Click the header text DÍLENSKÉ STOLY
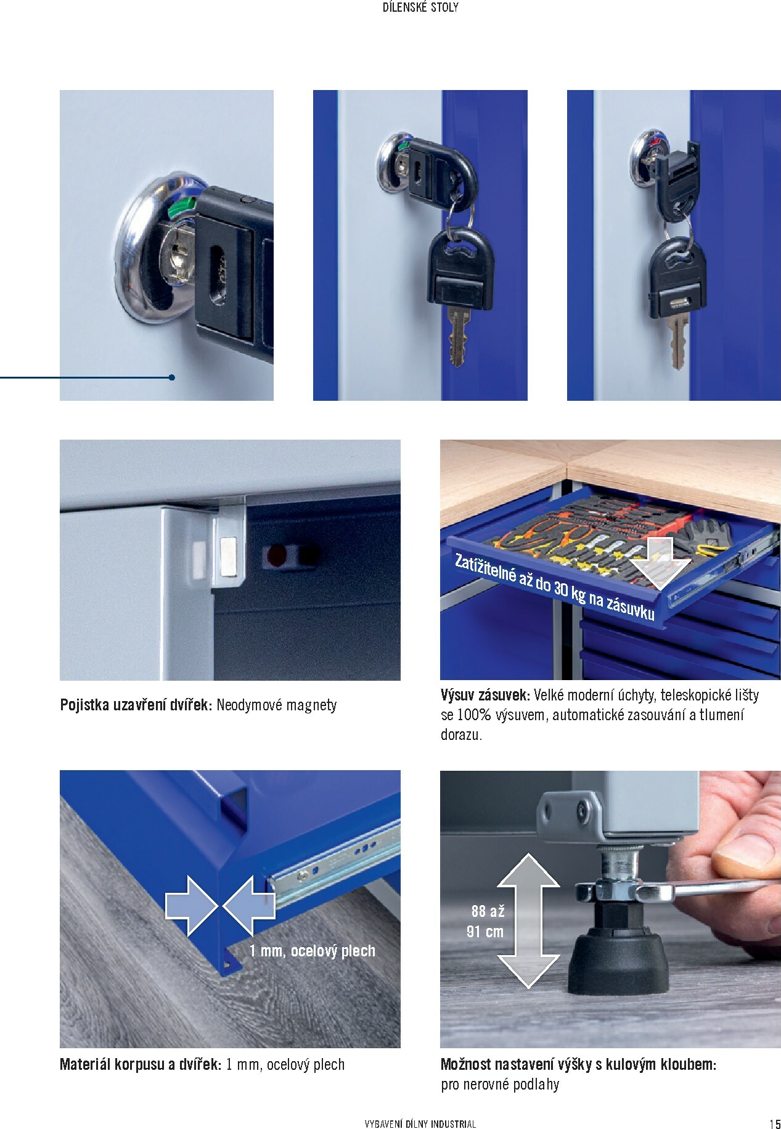tap(421, 9)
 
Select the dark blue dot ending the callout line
tap(171, 377)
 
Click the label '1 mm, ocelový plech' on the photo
tap(313, 951)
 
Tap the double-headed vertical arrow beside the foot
tap(528, 921)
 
